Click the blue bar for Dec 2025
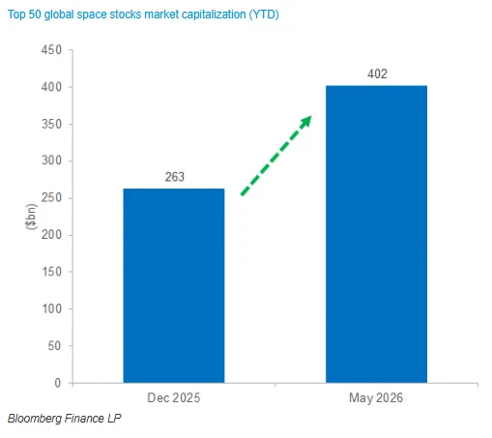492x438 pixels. pyautogui.click(x=174, y=285)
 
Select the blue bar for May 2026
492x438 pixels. pyautogui.click(x=376, y=234)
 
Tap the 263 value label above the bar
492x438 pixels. pyautogui.click(x=175, y=177)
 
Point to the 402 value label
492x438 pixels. pyautogui.click(x=377, y=73)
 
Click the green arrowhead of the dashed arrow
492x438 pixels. pyautogui.click(x=306, y=121)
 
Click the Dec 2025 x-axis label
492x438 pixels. pyautogui.click(x=174, y=397)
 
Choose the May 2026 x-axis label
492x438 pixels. pyautogui.click(x=376, y=398)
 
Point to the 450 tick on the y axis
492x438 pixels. pyautogui.click(x=51, y=50)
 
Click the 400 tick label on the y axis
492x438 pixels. pyautogui.click(x=51, y=87)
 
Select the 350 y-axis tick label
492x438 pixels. pyautogui.click(x=51, y=124)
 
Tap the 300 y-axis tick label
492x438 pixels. pyautogui.click(x=51, y=161)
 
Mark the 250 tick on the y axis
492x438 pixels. pyautogui.click(x=51, y=197)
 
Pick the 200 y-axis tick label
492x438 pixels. pyautogui.click(x=51, y=235)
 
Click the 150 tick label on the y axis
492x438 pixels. pyautogui.click(x=52, y=272)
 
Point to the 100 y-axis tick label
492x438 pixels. pyautogui.click(x=52, y=308)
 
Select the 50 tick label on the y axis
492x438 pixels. pyautogui.click(x=54, y=346)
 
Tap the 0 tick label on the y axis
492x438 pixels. pyautogui.click(x=58, y=383)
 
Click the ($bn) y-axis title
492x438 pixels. pyautogui.click(x=31, y=217)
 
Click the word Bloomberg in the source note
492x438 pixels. pyautogui.click(x=35, y=419)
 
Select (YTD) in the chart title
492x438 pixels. pyautogui.click(x=264, y=15)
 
